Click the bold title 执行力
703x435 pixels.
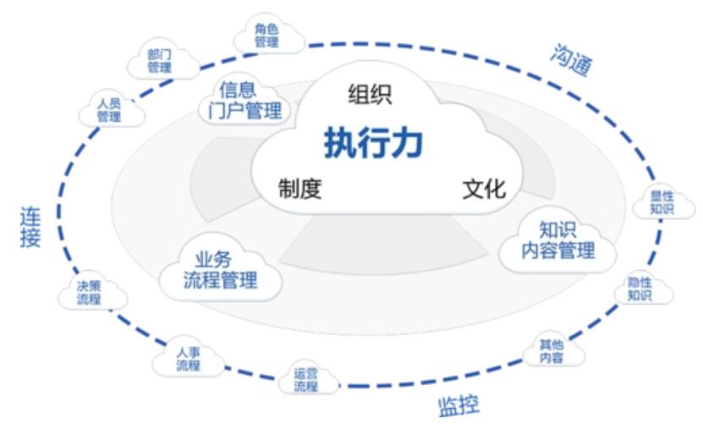pos(373,143)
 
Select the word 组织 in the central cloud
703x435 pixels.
pos(370,94)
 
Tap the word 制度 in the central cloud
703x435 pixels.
pos(300,188)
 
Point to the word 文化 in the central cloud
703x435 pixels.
pos(484,188)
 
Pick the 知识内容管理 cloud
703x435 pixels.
pos(557,240)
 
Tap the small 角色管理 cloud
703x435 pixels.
pos(267,35)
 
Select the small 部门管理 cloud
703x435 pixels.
pos(159,60)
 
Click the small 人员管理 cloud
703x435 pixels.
pos(109,110)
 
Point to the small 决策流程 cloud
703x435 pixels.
pos(89,293)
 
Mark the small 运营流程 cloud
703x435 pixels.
pos(305,380)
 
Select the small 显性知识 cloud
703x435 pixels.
pos(661,202)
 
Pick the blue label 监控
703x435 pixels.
pos(459,405)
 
